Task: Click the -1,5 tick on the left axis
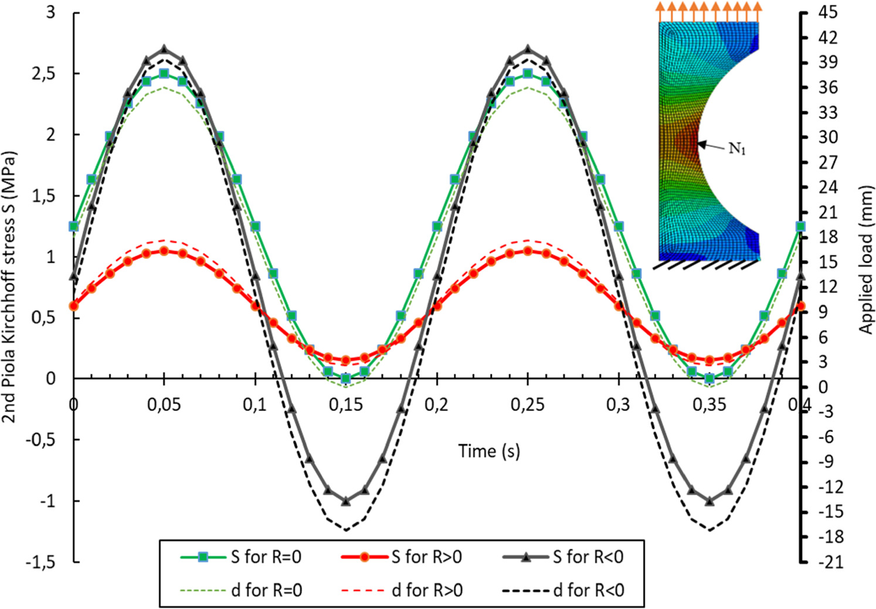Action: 42,562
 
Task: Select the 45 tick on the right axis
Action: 828,12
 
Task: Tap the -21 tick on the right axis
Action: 830,562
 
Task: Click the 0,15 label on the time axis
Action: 345,405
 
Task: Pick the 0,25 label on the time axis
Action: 527,405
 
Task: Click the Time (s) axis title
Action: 488,451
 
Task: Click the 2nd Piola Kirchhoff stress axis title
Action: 9,287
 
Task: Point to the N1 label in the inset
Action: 737,149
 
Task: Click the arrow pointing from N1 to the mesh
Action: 712,145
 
